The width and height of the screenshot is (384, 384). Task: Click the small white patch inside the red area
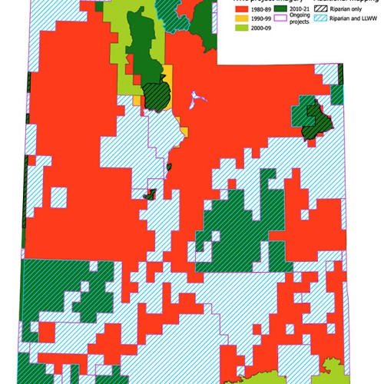point(198,98)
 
